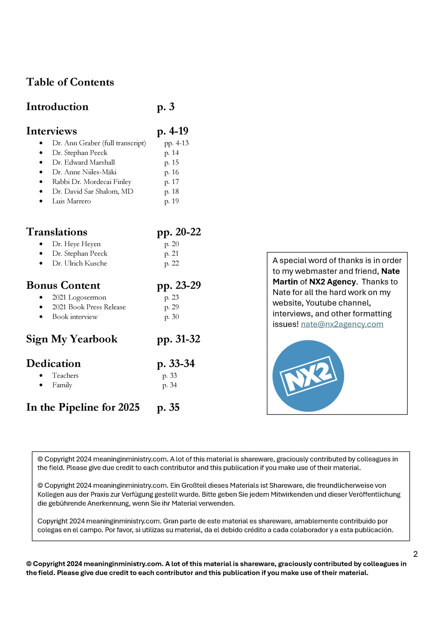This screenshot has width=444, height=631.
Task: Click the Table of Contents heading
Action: pyautogui.click(x=70, y=82)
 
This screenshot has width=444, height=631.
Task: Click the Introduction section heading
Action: pyautogui.click(x=57, y=107)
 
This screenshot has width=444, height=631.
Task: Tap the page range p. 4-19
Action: pyautogui.click(x=173, y=131)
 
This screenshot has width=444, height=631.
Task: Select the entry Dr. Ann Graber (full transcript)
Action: pyautogui.click(x=99, y=143)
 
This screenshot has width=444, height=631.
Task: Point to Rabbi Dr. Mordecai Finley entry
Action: pyautogui.click(x=91, y=182)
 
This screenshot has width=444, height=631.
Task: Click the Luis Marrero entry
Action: pyautogui.click(x=71, y=201)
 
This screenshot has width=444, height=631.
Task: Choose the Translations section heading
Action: pyautogui.click(x=57, y=232)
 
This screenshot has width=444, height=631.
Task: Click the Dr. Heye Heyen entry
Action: pyautogui.click(x=76, y=244)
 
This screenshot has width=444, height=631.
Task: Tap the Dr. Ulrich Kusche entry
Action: pyautogui.click(x=79, y=264)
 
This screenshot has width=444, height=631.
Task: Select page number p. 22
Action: pyautogui.click(x=171, y=264)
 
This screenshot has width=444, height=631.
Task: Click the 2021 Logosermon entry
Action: pyautogui.click(x=79, y=297)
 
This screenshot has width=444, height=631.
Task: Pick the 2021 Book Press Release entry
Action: pyautogui.click(x=89, y=307)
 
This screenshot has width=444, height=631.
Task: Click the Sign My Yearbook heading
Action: pyautogui.click(x=72, y=339)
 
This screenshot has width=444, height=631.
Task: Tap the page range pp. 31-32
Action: pyautogui.click(x=178, y=339)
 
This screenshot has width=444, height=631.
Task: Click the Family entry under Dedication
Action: pyautogui.click(x=62, y=385)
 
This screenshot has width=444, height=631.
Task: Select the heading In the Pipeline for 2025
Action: pyautogui.click(x=83, y=407)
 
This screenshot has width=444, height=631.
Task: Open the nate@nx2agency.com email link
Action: pyautogui.click(x=342, y=324)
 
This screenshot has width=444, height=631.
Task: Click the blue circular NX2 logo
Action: pyautogui.click(x=308, y=376)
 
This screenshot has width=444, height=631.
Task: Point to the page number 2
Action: pyautogui.click(x=415, y=554)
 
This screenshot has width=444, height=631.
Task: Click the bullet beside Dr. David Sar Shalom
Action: pyautogui.click(x=41, y=192)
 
